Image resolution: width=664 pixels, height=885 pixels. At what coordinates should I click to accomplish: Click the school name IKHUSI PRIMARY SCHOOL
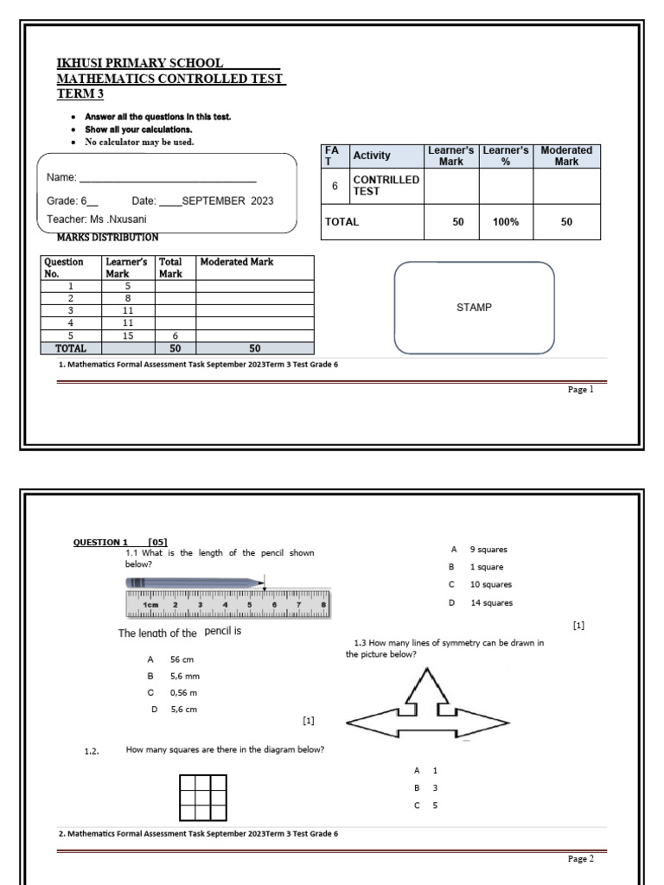(140, 63)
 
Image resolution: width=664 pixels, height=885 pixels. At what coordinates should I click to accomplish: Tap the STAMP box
(474, 308)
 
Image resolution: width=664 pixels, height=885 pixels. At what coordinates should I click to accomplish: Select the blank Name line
(169, 178)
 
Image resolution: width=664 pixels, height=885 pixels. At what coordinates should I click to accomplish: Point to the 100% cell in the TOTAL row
(506, 222)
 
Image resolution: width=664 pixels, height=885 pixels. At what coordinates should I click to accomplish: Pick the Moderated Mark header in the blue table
(566, 156)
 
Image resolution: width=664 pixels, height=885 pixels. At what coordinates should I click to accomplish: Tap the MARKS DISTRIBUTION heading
(107, 237)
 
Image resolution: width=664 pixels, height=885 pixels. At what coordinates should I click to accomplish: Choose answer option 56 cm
(181, 659)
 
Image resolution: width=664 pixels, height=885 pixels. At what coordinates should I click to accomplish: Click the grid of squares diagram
(203, 798)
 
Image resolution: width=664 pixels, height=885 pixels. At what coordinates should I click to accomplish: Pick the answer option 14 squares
(493, 603)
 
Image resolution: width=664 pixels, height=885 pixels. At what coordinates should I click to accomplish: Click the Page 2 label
(580, 859)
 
